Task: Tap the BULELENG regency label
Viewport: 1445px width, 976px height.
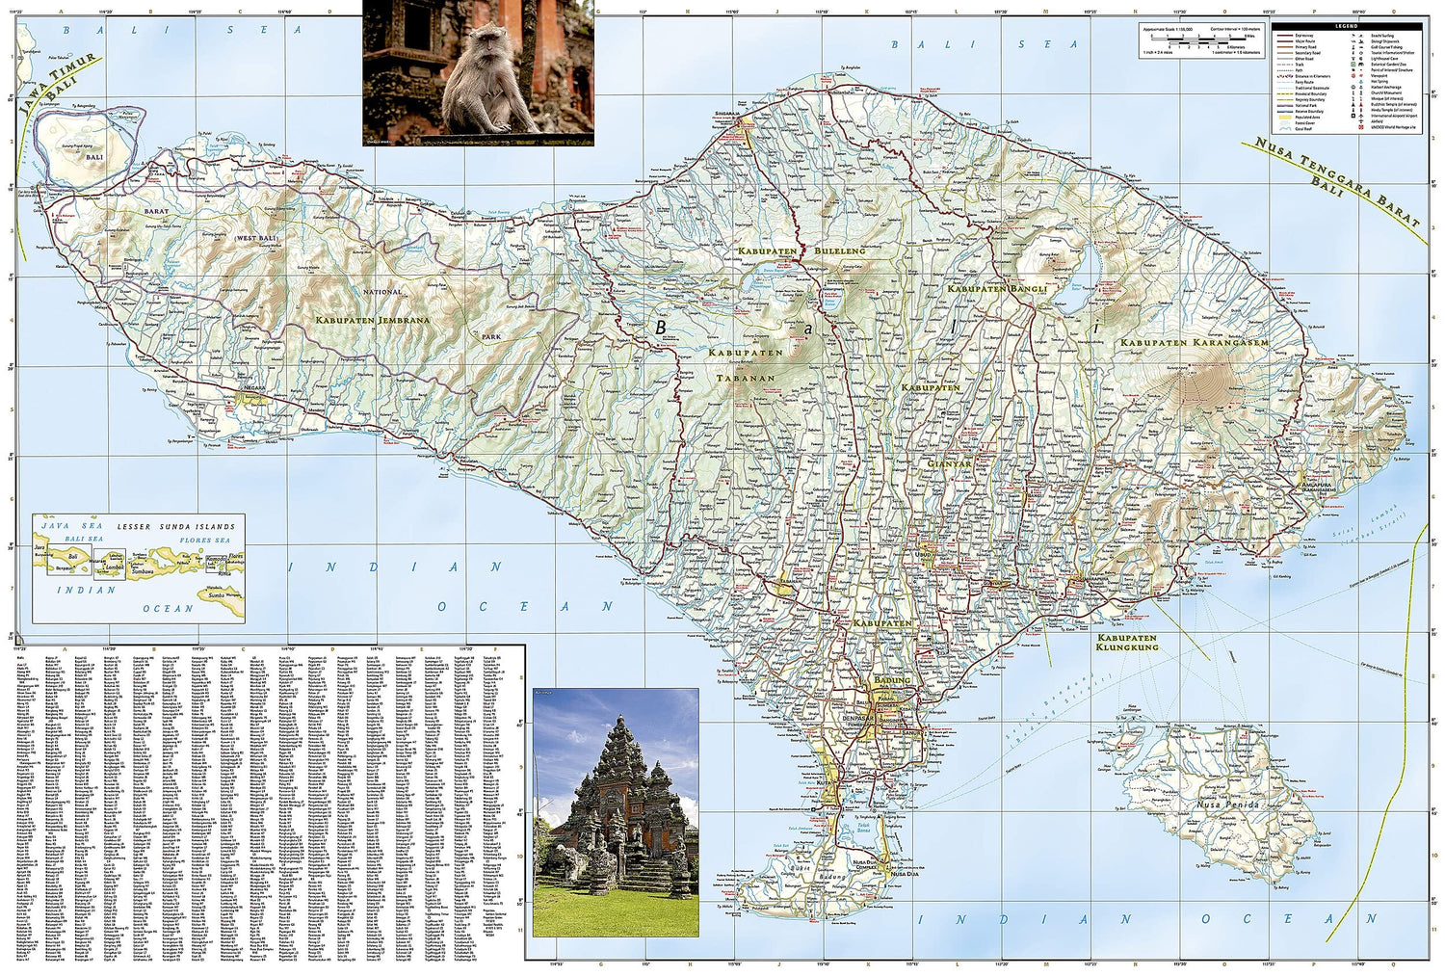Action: [840, 251]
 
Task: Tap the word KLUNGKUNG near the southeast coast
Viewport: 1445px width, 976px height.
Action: [1125, 647]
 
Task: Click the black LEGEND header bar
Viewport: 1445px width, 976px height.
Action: [1347, 23]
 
